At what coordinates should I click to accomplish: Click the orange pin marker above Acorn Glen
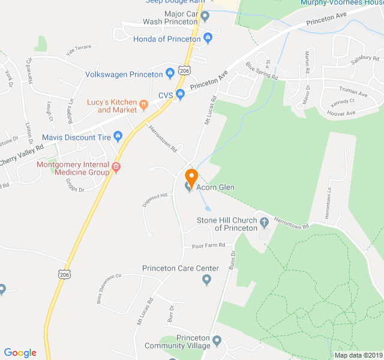(x=191, y=178)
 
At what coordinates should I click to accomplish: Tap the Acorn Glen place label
(x=217, y=188)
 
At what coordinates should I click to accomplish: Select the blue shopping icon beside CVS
(x=179, y=95)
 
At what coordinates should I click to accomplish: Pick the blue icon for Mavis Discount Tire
(x=118, y=137)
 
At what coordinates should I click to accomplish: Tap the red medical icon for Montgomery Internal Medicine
(x=116, y=168)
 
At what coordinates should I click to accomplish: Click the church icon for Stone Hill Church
(x=263, y=223)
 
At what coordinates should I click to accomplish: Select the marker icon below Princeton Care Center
(x=207, y=280)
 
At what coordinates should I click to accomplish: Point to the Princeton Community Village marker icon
(x=217, y=341)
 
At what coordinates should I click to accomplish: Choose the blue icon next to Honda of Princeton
(x=208, y=39)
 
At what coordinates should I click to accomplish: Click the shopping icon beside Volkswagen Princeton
(x=170, y=74)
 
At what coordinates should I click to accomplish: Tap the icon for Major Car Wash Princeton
(x=205, y=16)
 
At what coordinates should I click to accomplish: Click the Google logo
(x=20, y=353)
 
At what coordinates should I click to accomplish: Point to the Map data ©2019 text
(x=358, y=355)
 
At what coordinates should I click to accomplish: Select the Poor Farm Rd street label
(x=208, y=245)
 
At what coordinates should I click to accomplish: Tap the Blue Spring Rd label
(x=262, y=71)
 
